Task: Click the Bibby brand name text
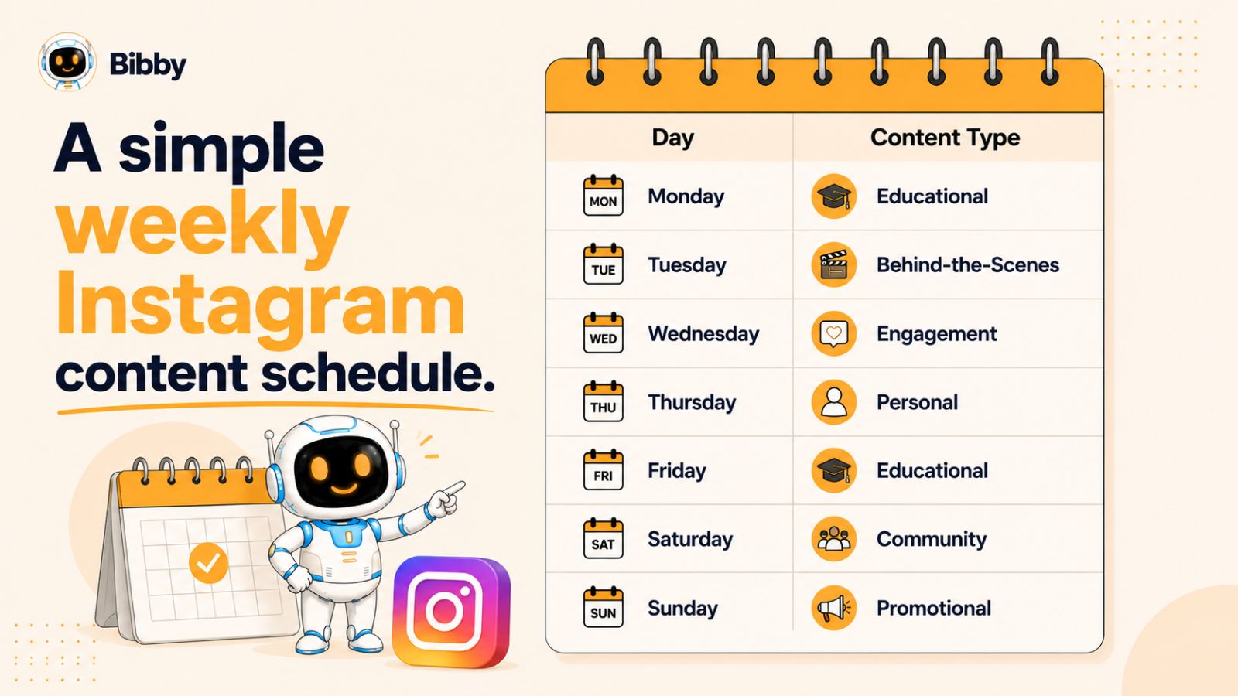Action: (x=148, y=65)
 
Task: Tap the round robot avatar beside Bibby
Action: (x=67, y=61)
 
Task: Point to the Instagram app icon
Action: (x=452, y=612)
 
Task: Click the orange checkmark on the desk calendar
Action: (x=208, y=563)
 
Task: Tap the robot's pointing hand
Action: (x=446, y=498)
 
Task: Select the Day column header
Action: (x=672, y=138)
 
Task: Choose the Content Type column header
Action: (x=945, y=138)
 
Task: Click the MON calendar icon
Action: (x=603, y=196)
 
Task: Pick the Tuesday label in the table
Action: (x=687, y=265)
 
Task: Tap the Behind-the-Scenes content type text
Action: (x=968, y=265)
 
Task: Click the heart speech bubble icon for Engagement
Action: (x=834, y=333)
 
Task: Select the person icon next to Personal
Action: (x=834, y=402)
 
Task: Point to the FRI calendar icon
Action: (x=603, y=470)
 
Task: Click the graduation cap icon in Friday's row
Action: (x=834, y=471)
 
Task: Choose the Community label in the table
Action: (x=932, y=539)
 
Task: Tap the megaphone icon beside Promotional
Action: (x=834, y=608)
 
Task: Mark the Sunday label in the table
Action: (x=682, y=608)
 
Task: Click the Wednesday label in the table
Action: (x=703, y=333)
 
